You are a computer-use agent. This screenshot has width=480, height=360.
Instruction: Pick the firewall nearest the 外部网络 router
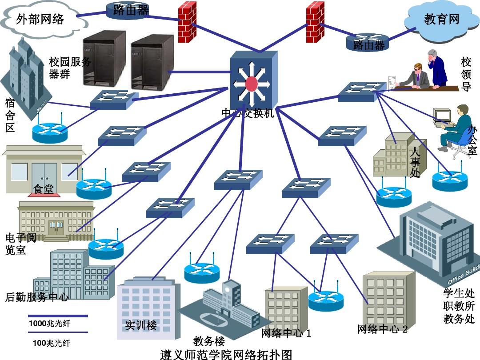(187, 22)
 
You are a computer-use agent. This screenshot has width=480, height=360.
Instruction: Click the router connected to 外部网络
(128, 10)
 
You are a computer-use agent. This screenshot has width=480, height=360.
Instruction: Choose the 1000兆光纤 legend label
(49, 324)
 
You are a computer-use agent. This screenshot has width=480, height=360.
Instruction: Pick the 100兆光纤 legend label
(52, 343)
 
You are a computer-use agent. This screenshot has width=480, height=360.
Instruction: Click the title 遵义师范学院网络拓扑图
(226, 354)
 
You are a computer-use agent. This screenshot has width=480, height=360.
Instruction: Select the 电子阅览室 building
(56, 220)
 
